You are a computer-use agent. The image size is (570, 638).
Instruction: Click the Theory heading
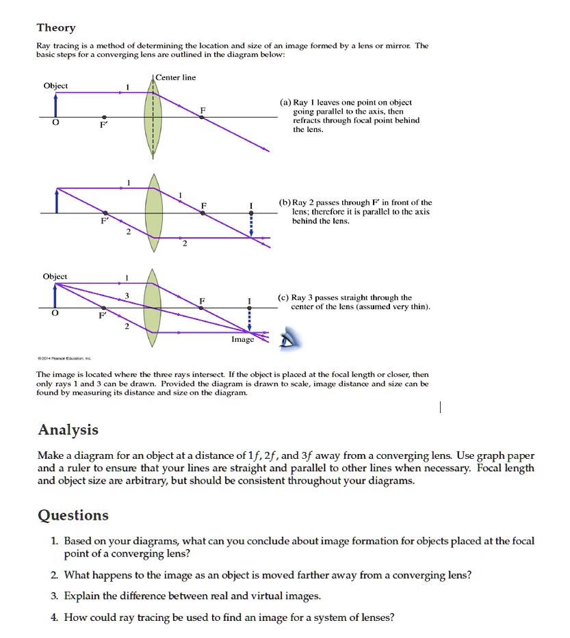pos(56,28)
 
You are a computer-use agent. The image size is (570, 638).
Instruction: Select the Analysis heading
pos(68,430)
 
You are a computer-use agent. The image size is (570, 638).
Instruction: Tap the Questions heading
pos(73,516)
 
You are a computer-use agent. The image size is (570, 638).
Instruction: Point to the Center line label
pos(176,77)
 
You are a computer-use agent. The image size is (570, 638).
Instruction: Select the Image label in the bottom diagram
pos(242,339)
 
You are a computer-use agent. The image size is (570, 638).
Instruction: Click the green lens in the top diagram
pos(153,118)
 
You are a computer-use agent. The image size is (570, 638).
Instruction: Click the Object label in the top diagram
pos(55,85)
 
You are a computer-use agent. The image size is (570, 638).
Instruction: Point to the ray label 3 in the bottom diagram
pos(127,295)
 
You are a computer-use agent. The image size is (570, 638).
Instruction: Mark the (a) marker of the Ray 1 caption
pos(285,102)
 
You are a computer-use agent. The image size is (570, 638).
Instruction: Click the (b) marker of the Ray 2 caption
pos(285,203)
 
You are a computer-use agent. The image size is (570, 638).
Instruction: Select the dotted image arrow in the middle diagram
pos(251,224)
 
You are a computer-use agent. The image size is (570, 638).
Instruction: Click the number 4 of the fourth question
pos(55,617)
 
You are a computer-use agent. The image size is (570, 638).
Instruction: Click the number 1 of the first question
pos(55,541)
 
